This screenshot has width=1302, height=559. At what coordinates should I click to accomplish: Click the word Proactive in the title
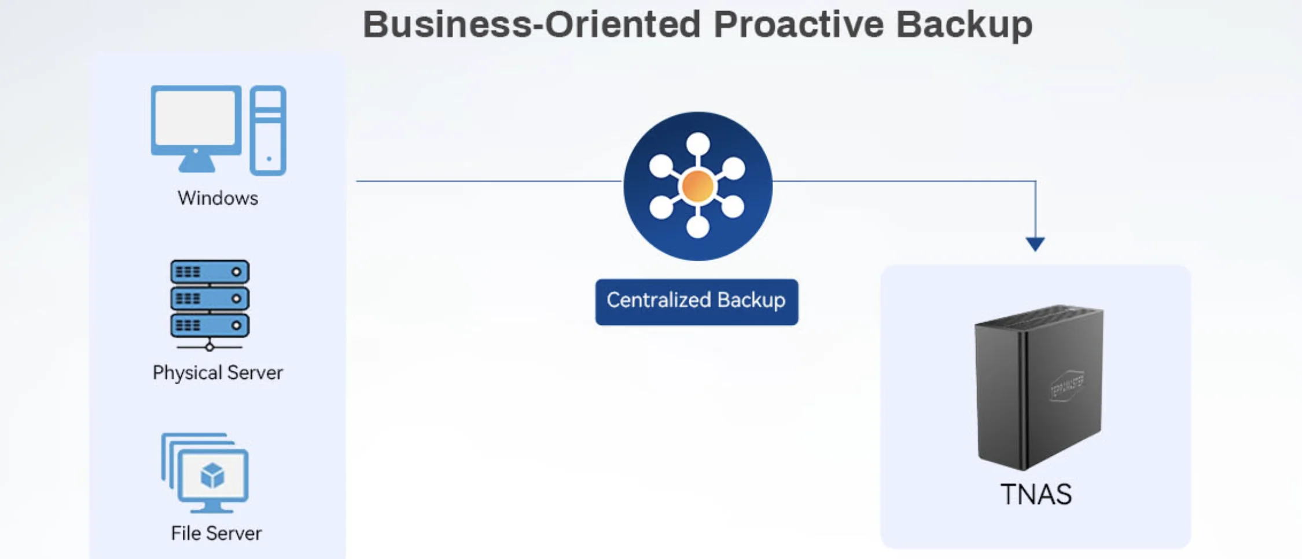(x=799, y=25)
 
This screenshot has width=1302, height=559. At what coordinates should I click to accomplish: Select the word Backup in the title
(x=964, y=25)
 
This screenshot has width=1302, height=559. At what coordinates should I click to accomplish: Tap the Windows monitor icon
(x=196, y=125)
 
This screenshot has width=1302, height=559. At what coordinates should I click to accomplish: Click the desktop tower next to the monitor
(x=268, y=130)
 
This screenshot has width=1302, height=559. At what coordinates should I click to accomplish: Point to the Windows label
(x=218, y=198)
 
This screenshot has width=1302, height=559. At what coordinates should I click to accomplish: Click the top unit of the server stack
(x=209, y=272)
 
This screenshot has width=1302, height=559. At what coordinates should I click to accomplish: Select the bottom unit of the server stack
(x=209, y=325)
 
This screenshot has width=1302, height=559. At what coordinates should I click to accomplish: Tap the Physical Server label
(x=218, y=372)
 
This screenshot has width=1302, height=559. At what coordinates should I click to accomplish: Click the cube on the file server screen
(x=212, y=476)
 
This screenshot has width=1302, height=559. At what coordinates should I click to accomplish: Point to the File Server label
(x=216, y=533)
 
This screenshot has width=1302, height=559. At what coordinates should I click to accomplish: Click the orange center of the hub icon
(x=697, y=186)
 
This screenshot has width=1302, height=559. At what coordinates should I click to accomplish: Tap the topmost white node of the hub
(x=698, y=144)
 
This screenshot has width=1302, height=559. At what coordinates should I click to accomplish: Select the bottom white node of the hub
(x=698, y=226)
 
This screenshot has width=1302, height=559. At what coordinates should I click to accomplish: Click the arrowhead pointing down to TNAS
(x=1035, y=243)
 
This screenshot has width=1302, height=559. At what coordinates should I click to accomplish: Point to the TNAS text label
(x=1036, y=494)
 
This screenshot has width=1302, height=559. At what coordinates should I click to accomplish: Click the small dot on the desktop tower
(x=269, y=159)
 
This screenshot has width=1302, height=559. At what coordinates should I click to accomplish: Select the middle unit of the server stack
(x=209, y=298)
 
